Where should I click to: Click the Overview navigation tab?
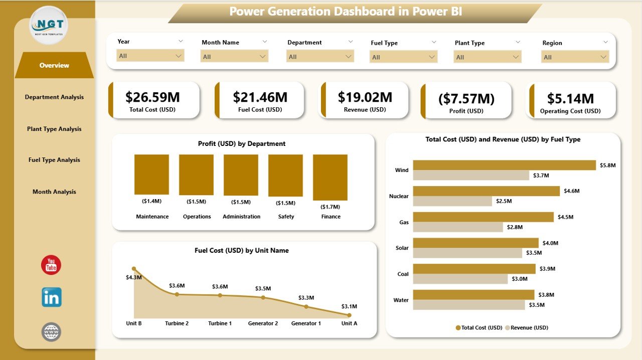(54, 65)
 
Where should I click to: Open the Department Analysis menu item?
(54, 97)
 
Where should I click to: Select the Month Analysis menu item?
(54, 192)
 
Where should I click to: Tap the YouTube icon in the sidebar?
(51, 265)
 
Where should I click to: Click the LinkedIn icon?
(51, 297)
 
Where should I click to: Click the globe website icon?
(51, 331)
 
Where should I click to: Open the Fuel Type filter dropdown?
(403, 57)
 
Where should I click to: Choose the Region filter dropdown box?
(575, 57)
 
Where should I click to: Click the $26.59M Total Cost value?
(152, 97)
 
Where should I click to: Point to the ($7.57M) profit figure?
(466, 99)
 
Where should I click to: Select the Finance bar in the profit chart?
(330, 177)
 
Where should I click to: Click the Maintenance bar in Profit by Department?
(151, 174)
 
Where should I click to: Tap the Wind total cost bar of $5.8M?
(504, 165)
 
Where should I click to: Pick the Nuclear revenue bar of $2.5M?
(452, 201)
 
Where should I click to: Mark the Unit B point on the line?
(134, 269)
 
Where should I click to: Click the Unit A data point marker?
(349, 315)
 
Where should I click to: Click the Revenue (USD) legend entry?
(526, 327)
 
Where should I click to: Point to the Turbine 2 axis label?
(177, 323)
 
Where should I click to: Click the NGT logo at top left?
(49, 25)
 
